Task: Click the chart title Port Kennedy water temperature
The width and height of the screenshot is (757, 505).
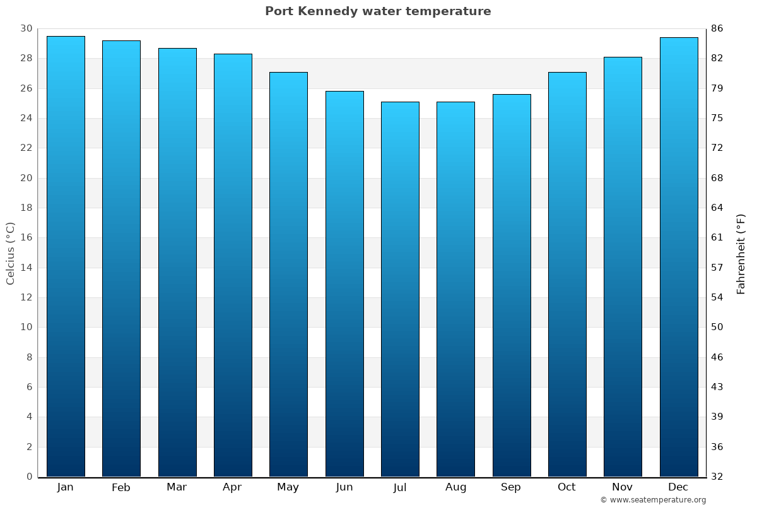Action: coord(378,11)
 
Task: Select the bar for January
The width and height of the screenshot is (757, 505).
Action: coord(66,256)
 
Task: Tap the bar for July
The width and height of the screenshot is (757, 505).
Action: coord(400,289)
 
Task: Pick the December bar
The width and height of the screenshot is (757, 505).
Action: coord(679,256)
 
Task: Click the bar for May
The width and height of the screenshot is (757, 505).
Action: coord(288,274)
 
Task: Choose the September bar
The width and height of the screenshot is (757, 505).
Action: coord(512,285)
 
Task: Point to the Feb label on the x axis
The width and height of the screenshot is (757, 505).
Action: coord(121,487)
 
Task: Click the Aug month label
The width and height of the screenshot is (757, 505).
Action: coord(455,487)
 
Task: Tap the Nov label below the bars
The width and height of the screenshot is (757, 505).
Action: coord(623,487)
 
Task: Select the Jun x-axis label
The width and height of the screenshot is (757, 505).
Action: coord(344,487)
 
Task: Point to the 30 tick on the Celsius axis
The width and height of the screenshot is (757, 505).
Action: coord(26,28)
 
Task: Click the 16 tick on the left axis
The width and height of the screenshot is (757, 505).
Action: coord(26,238)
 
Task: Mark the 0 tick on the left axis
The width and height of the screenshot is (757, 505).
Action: coord(29,477)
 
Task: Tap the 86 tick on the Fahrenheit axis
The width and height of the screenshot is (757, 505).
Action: coord(718,28)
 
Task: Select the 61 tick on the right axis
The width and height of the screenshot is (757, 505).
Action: coord(718,238)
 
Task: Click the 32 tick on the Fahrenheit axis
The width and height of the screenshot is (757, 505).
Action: coord(718,477)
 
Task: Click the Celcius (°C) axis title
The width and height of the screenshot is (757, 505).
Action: coord(10,252)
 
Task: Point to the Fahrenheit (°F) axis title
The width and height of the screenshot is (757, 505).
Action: coord(741,253)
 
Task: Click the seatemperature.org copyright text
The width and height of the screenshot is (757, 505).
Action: coord(652,500)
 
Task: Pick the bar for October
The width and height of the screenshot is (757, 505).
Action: coord(567,274)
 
